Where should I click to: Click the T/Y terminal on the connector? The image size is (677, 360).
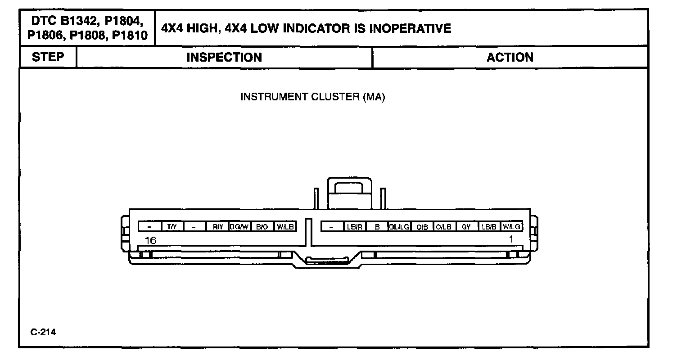[x=172, y=227]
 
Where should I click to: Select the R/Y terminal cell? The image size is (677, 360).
[x=218, y=227]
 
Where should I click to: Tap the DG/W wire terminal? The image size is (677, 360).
[x=239, y=227]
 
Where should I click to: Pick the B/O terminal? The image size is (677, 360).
[x=262, y=227]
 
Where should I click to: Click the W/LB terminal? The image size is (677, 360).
[x=285, y=227]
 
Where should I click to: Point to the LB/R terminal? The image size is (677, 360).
[x=354, y=227]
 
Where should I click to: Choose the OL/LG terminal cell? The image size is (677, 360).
[x=399, y=227]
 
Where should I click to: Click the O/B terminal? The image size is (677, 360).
[x=422, y=227]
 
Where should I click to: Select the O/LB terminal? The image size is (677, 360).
[x=444, y=227]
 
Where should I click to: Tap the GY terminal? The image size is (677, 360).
[x=466, y=227]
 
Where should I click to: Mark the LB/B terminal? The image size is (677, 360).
[x=489, y=227]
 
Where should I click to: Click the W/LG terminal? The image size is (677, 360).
[x=511, y=227]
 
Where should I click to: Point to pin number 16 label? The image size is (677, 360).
[x=150, y=240]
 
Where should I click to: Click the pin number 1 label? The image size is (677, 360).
[x=511, y=239]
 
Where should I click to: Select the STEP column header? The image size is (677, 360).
[x=48, y=57]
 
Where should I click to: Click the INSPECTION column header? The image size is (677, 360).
[x=224, y=58]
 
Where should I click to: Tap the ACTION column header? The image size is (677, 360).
[x=510, y=58]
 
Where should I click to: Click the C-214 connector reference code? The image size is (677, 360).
[x=43, y=333]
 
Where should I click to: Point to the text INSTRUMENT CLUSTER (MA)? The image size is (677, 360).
[x=313, y=97]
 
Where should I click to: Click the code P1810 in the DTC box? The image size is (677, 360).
[x=130, y=36]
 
